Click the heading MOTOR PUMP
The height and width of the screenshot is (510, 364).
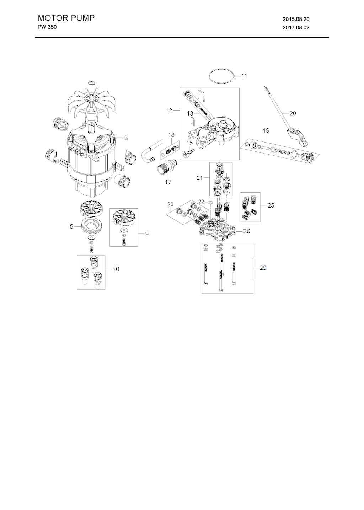pyautogui.click(x=66, y=18)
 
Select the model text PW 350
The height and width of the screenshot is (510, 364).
pyautogui.click(x=47, y=27)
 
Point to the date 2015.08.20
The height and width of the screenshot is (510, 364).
pyautogui.click(x=296, y=19)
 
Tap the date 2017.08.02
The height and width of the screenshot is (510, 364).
pyautogui.click(x=296, y=28)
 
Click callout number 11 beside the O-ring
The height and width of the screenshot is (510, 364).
pyautogui.click(x=244, y=76)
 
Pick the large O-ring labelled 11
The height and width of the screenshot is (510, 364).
pyautogui.click(x=221, y=69)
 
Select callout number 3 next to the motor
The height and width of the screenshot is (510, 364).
pyautogui.click(x=126, y=138)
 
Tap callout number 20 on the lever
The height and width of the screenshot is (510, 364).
pyautogui.click(x=293, y=113)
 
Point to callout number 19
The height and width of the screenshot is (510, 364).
pyautogui.click(x=266, y=131)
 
